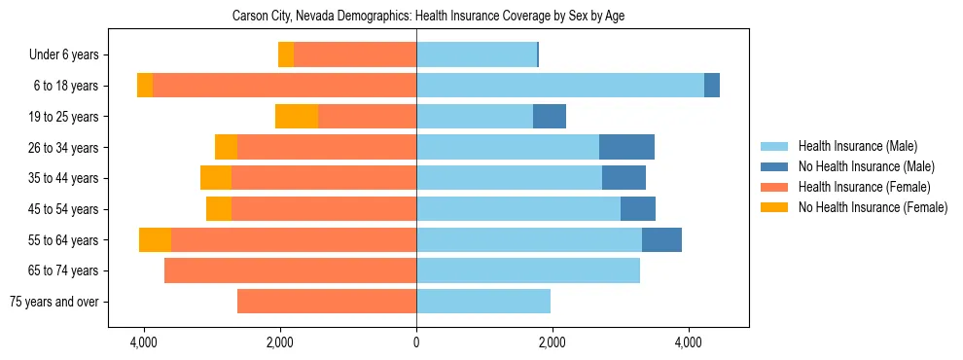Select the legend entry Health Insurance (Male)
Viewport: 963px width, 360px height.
click(857, 146)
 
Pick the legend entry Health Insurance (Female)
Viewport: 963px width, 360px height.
click(864, 187)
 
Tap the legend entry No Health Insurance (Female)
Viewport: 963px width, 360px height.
click(873, 207)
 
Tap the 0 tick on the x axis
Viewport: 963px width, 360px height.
click(416, 342)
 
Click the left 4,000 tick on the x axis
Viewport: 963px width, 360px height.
click(144, 342)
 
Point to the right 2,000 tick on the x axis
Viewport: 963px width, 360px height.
click(553, 342)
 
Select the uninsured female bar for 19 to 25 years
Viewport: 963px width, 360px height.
click(297, 117)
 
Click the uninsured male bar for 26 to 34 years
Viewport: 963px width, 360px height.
click(626, 147)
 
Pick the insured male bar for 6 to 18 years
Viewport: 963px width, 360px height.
click(559, 86)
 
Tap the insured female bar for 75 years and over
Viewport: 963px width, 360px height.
click(327, 302)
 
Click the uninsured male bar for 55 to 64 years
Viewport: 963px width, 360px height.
click(661, 239)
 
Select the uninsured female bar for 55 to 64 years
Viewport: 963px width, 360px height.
click(155, 239)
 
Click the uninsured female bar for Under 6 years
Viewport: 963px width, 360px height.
click(286, 55)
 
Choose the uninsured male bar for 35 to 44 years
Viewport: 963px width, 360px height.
click(624, 178)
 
